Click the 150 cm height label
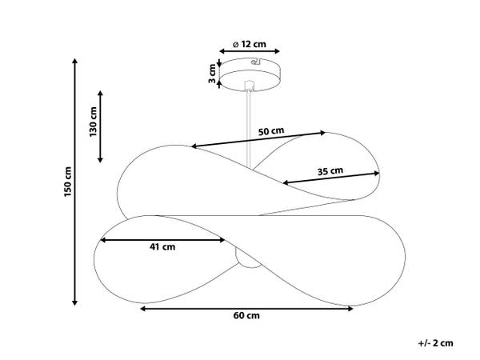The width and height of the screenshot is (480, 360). pyautogui.click(x=68, y=182)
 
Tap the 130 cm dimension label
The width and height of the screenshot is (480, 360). pyautogui.click(x=93, y=122)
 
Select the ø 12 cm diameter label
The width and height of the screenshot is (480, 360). pyautogui.click(x=250, y=44)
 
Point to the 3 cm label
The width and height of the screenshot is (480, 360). pyautogui.click(x=212, y=74)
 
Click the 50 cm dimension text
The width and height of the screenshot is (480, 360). pyautogui.click(x=271, y=131)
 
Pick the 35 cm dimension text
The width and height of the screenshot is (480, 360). pyautogui.click(x=330, y=171)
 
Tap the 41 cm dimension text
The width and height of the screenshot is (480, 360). pyautogui.click(x=162, y=246)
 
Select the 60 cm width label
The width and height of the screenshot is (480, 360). pyautogui.click(x=246, y=316)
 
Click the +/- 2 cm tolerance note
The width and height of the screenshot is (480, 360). pyautogui.click(x=436, y=343)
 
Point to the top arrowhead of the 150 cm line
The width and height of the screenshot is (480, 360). pyautogui.click(x=74, y=61)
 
